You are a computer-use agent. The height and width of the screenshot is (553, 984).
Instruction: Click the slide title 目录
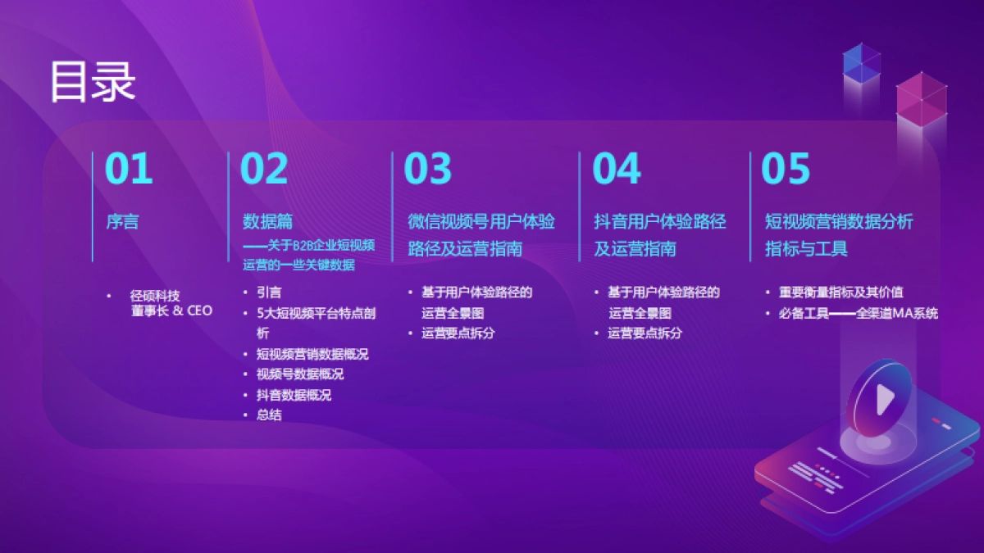point(92,81)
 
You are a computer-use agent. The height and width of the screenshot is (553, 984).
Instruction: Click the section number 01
point(130,169)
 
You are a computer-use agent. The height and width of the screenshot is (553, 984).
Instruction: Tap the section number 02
point(264,169)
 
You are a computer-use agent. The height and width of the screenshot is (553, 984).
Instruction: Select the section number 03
point(428,169)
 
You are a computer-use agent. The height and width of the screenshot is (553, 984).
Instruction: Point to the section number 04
point(616,169)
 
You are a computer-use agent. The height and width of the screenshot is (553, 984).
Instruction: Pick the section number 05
point(786,169)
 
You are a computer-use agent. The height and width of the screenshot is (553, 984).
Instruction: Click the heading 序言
point(122,222)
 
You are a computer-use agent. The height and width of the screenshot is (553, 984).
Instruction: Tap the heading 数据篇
point(267,222)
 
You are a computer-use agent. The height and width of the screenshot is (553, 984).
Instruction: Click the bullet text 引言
point(269,292)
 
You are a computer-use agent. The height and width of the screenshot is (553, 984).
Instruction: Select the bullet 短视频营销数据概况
point(312,354)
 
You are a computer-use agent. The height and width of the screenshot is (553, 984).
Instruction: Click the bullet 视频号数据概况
point(300,374)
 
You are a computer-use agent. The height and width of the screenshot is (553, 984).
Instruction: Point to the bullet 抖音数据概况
point(294,395)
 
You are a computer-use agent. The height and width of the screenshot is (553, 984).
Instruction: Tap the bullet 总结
point(269,415)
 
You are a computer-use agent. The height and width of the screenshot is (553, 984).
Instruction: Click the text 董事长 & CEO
point(171,310)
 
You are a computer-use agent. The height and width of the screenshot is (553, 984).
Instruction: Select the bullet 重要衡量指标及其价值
point(840,292)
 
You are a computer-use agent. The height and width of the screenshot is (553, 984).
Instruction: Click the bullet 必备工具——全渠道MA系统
point(859,313)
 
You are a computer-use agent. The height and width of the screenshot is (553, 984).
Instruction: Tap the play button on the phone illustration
point(883,400)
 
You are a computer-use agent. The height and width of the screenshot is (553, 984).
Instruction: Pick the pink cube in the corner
point(921,97)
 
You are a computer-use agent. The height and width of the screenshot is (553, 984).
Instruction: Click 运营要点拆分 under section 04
point(645,333)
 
